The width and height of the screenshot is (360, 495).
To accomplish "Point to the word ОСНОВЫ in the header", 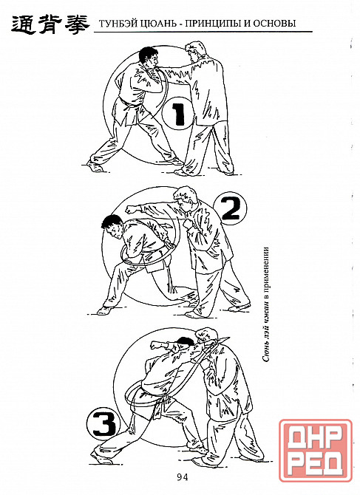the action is point(276,24).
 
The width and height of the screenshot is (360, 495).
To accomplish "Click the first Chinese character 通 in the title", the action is point(23,24).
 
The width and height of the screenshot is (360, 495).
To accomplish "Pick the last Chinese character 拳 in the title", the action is point(76,24).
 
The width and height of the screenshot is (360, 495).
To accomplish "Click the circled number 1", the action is point(177,113).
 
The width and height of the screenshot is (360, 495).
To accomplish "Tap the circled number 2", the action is point(230,208).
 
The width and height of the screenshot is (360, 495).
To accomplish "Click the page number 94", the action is point(183,477).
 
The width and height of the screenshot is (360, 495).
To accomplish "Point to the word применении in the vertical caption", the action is point(266,270).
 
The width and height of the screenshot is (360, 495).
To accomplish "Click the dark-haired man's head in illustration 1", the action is point(148,58).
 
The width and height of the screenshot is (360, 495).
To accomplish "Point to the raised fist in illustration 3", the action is point(155,344).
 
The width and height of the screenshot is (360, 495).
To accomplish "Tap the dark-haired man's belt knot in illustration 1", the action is point(129,104).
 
